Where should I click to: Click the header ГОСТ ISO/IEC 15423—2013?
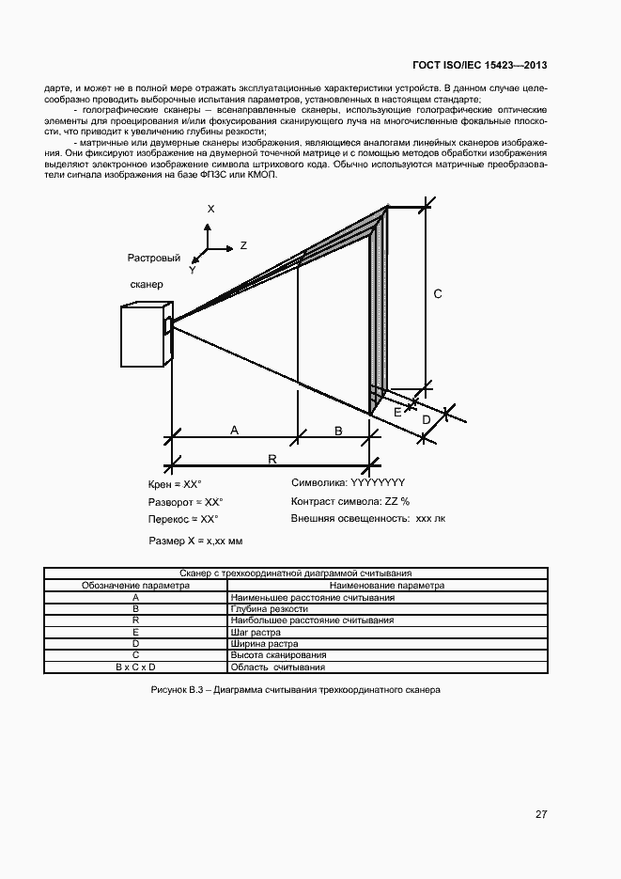[x=480, y=66]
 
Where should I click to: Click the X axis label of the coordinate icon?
[x=211, y=209]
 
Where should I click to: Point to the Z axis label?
[x=243, y=245]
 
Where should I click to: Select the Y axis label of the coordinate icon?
[x=192, y=270]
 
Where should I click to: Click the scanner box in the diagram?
[x=145, y=336]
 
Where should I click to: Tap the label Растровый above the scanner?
[x=153, y=258]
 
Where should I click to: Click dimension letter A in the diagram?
[x=234, y=429]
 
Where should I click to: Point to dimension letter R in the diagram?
[x=272, y=458]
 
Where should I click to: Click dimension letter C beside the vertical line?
[x=438, y=294]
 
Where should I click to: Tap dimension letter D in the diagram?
[x=425, y=418]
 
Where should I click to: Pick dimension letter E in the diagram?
[x=397, y=412]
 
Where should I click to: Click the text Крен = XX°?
[x=176, y=485]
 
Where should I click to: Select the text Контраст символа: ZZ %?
[x=350, y=501]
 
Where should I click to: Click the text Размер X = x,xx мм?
[x=195, y=542]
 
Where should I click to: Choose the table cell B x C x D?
[x=136, y=667]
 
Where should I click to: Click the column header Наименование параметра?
[x=387, y=585]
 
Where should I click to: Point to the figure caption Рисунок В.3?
[x=295, y=690]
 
